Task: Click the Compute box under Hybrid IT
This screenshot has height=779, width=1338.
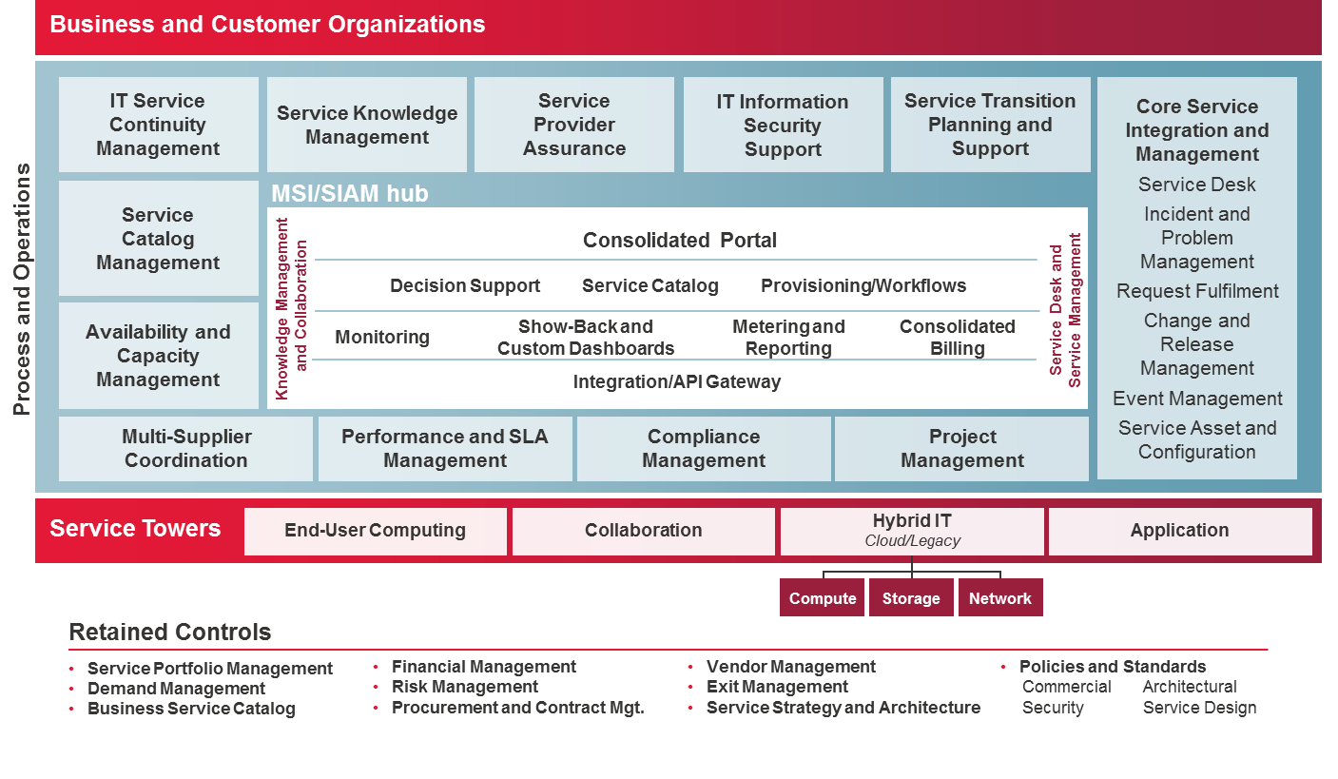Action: coord(822,598)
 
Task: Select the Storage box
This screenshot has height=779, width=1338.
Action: coord(911,598)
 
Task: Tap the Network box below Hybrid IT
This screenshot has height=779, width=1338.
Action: coord(1000,598)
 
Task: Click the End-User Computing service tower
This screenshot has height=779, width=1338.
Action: coord(376,531)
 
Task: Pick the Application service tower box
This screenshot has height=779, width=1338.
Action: coord(1179,531)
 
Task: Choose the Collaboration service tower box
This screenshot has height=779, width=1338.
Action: coord(644,531)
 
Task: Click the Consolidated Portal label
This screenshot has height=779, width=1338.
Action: coord(679,241)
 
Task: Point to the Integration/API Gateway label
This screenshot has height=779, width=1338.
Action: coord(676,382)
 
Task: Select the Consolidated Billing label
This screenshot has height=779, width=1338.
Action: coord(957,338)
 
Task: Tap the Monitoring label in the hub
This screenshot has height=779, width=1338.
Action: coord(382,338)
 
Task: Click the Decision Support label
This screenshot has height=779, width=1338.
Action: coord(465,286)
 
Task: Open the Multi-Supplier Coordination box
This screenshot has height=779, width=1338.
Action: coord(186,449)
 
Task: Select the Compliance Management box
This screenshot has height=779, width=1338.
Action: coord(704,449)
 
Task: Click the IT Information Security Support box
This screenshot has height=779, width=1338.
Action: coord(783,126)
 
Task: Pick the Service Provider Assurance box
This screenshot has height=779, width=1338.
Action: coord(574,125)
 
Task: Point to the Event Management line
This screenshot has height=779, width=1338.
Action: coord(1197,399)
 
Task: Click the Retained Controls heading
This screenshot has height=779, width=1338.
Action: coord(170,633)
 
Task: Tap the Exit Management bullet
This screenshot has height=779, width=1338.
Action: coord(777,687)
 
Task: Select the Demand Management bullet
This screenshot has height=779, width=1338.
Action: coord(177,689)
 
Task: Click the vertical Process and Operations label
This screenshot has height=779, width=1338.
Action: coord(22,289)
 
